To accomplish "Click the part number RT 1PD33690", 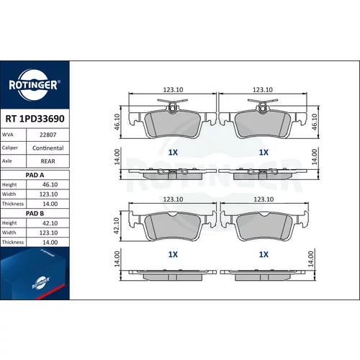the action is (35, 119).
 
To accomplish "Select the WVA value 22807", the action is (48, 135).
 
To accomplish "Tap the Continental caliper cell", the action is (48, 148).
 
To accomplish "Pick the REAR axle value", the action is (48, 161).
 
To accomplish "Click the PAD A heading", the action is (35, 175).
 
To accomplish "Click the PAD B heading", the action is (35, 213).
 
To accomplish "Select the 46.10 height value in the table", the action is (50, 184).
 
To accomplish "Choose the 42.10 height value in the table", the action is (50, 223).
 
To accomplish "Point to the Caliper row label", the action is (10, 148).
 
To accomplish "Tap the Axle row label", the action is (7, 161).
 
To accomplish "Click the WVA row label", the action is (8, 135).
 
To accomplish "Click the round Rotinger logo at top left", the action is (34, 85).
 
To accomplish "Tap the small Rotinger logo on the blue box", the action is (41, 283).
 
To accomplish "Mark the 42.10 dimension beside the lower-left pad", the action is (117, 225).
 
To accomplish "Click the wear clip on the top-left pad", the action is (173, 105).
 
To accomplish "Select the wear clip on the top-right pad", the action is (263, 105).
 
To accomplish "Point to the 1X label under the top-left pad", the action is (173, 153).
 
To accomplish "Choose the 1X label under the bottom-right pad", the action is (264, 254).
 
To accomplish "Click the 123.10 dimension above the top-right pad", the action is (263, 89).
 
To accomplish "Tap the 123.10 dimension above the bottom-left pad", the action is (173, 199).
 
